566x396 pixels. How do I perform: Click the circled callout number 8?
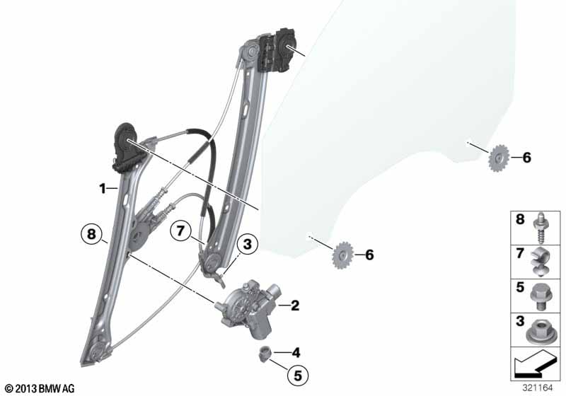tap(92, 234)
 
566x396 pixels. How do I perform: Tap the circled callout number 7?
tap(180, 231)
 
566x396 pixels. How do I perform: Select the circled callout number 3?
tap(247, 244)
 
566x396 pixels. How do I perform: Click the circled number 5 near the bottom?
tap(297, 375)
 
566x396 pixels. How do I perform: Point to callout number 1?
tap(103, 188)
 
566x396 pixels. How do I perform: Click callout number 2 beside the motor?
tap(295, 305)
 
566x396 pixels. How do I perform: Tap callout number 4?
tap(296, 352)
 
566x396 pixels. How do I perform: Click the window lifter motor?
tap(248, 309)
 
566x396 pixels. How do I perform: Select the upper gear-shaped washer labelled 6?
tap(499, 158)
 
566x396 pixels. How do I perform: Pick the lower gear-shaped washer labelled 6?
tap(342, 255)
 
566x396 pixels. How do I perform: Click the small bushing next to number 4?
tap(265, 353)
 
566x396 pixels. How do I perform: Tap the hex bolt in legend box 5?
tap(539, 296)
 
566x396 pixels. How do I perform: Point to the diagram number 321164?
tap(538, 388)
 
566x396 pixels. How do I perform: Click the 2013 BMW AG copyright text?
tap(40, 388)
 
